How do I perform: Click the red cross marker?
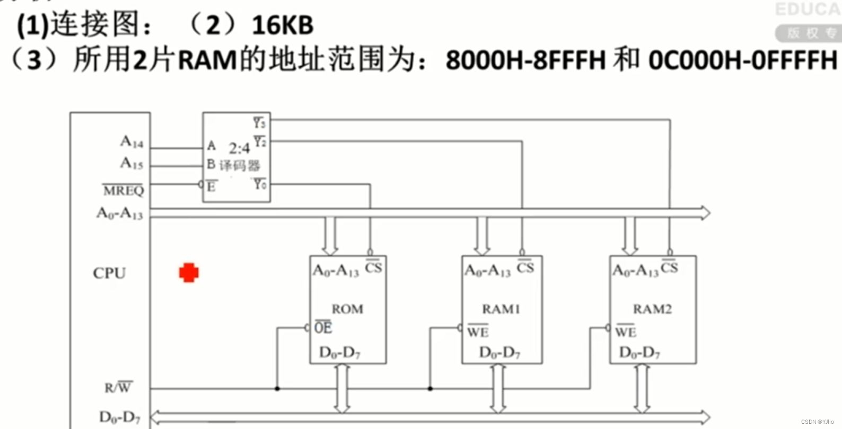click(x=189, y=273)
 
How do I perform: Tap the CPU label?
click(x=110, y=273)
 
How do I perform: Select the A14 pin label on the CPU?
click(x=131, y=142)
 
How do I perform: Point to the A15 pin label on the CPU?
click(x=131, y=163)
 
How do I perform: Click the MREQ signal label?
click(x=124, y=190)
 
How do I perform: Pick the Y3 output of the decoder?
click(x=259, y=123)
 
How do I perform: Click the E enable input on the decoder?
click(x=211, y=186)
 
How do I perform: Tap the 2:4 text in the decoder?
click(x=239, y=148)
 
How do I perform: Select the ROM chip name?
click(x=347, y=309)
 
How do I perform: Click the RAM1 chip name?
click(x=501, y=309)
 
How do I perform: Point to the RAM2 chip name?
click(x=652, y=309)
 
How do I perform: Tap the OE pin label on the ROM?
click(x=323, y=328)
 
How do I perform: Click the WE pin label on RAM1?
click(x=478, y=332)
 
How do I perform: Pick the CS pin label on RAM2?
click(x=669, y=267)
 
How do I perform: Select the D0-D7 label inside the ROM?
click(x=340, y=352)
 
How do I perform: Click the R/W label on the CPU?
click(x=118, y=388)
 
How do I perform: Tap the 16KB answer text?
click(x=283, y=25)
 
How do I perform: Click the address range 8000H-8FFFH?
click(x=525, y=60)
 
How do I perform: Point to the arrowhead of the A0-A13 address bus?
click(x=705, y=213)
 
